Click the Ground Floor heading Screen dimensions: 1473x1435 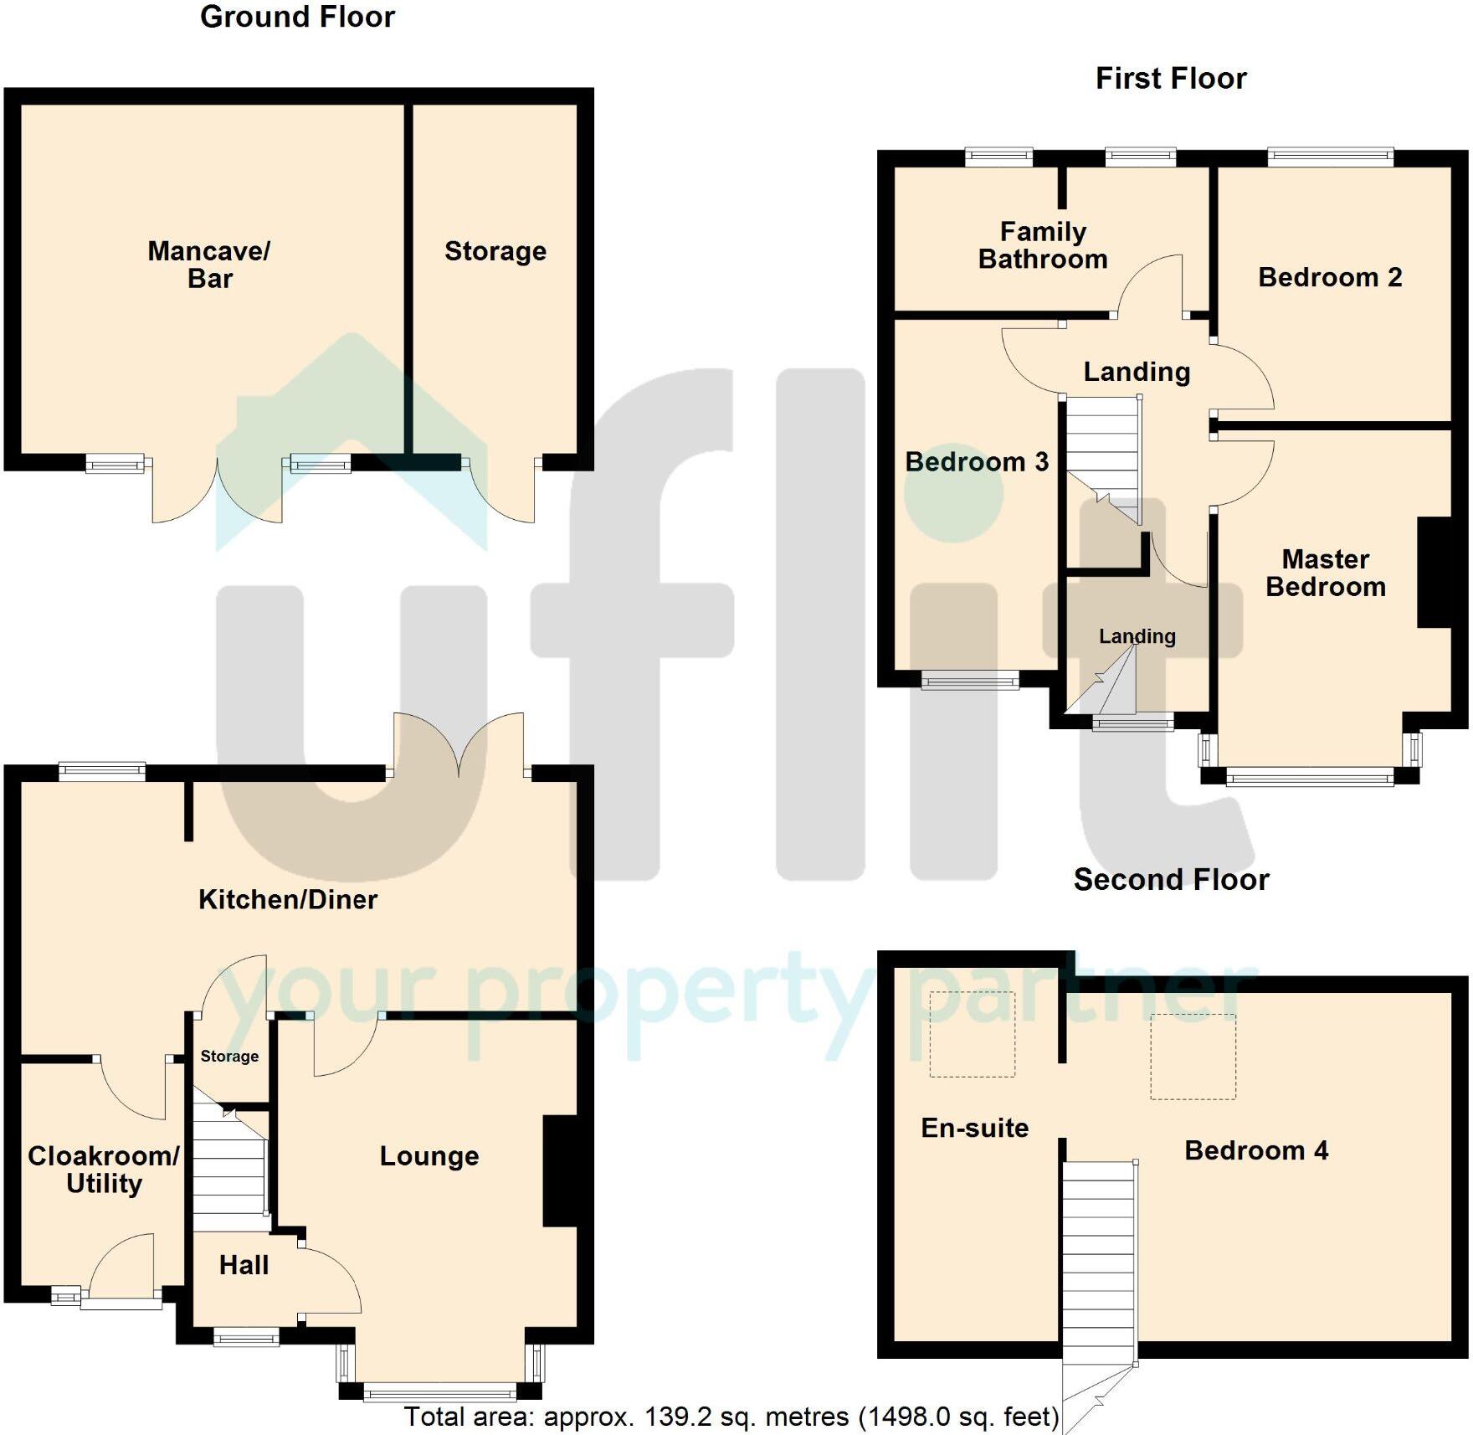tap(297, 17)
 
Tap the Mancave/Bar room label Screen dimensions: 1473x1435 tap(209, 265)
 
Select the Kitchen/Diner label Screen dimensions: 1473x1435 tap(288, 899)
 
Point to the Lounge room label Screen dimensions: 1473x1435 tap(429, 1156)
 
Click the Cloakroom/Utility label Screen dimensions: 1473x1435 tap(104, 1170)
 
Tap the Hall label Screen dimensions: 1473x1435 tap(244, 1265)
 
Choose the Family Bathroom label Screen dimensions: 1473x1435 tap(1043, 245)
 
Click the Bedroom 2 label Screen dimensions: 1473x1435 tap(1330, 277)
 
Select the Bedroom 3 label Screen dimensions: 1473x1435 tap(977, 462)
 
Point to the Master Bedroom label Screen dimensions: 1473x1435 tap(1326, 573)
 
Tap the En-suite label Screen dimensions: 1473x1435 tap(975, 1128)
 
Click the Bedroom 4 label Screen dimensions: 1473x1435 tap(1256, 1150)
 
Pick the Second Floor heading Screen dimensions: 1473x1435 tap(1171, 880)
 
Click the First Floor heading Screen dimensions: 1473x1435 tap(1171, 79)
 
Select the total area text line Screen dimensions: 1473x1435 tap(731, 1417)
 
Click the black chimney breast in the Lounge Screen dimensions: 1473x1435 tap(560, 1171)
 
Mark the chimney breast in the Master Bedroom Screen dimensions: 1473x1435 tap(1434, 573)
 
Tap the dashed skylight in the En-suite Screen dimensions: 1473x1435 tap(973, 1034)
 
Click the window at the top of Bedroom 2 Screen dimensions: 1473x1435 tap(1331, 157)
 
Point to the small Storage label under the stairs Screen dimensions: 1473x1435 tap(229, 1057)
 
